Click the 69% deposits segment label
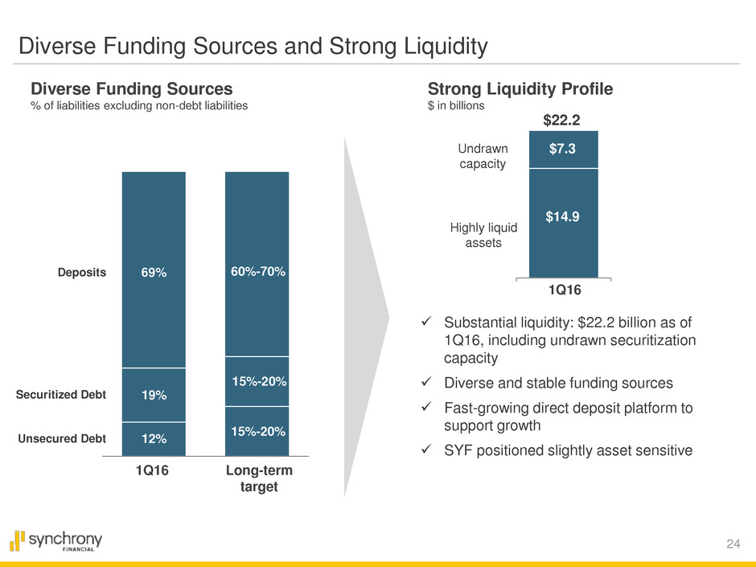click(x=153, y=273)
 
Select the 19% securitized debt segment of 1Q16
click(x=153, y=395)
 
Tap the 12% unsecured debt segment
click(x=153, y=438)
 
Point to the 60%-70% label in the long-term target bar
click(x=257, y=272)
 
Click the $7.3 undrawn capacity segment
click(x=563, y=150)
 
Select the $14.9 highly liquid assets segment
click(x=563, y=216)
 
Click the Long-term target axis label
click(x=257, y=480)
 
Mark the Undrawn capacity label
click(x=482, y=156)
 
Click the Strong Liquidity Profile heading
click(x=520, y=89)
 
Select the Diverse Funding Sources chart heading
click(x=131, y=89)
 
